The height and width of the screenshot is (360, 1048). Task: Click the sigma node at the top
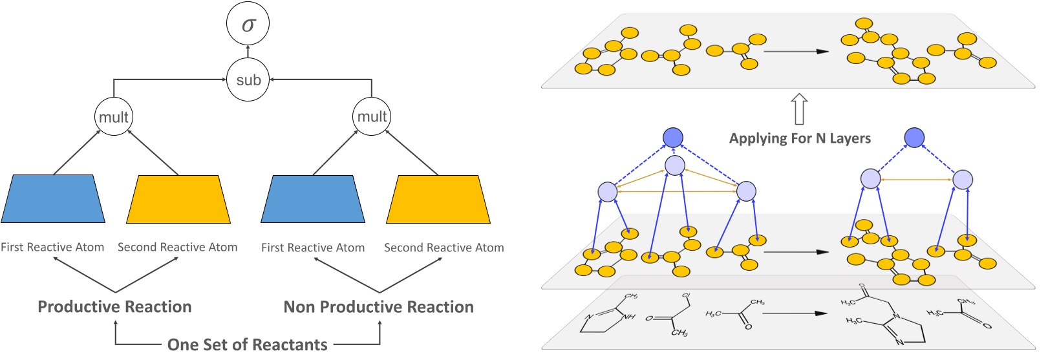tap(248, 24)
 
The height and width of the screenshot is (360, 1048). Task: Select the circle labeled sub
tap(248, 79)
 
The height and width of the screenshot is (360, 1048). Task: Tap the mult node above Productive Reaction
tap(114, 117)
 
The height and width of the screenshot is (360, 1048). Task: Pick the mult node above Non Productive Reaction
tap(372, 117)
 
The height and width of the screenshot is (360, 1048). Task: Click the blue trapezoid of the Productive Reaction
tap(53, 199)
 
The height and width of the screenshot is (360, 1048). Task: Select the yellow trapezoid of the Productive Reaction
tap(178, 199)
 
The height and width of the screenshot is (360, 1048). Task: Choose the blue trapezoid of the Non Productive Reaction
tap(313, 199)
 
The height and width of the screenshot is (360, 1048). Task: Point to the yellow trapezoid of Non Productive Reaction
tap(438, 199)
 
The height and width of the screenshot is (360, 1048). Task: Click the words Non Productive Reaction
tap(378, 307)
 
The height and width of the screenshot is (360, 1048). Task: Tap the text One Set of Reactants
tap(247, 344)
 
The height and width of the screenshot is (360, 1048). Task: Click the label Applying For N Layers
tap(800, 138)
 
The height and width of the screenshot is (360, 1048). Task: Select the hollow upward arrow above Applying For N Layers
tap(800, 109)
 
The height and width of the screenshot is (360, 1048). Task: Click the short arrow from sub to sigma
tap(248, 52)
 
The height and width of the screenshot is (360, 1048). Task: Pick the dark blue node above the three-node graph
tap(673, 137)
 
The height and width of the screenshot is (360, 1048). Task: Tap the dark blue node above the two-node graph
tap(914, 137)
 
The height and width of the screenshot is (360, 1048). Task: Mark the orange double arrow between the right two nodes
tap(916, 180)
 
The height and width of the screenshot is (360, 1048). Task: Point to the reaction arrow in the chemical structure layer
tap(795, 313)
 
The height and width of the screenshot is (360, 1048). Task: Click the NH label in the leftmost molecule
tap(628, 317)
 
